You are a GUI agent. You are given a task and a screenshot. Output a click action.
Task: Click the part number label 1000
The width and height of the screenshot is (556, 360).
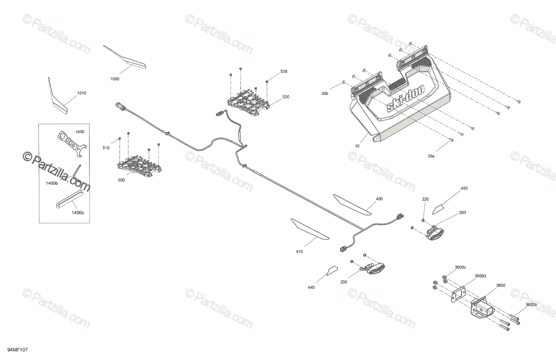[115, 79]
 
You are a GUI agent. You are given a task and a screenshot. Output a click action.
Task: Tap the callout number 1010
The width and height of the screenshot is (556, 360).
[82, 94]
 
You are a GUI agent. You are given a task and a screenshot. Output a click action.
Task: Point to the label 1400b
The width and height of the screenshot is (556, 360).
[52, 183]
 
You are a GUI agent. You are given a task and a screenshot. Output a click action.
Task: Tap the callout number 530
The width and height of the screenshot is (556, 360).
[284, 72]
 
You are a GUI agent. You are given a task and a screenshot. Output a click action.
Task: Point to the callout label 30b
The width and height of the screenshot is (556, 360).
[325, 94]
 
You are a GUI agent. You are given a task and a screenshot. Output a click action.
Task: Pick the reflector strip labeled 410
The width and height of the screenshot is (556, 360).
[310, 230]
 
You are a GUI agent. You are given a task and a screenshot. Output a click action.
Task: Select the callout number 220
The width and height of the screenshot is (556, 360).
[425, 199]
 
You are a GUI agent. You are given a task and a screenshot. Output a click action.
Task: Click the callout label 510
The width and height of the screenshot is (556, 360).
[106, 148]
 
